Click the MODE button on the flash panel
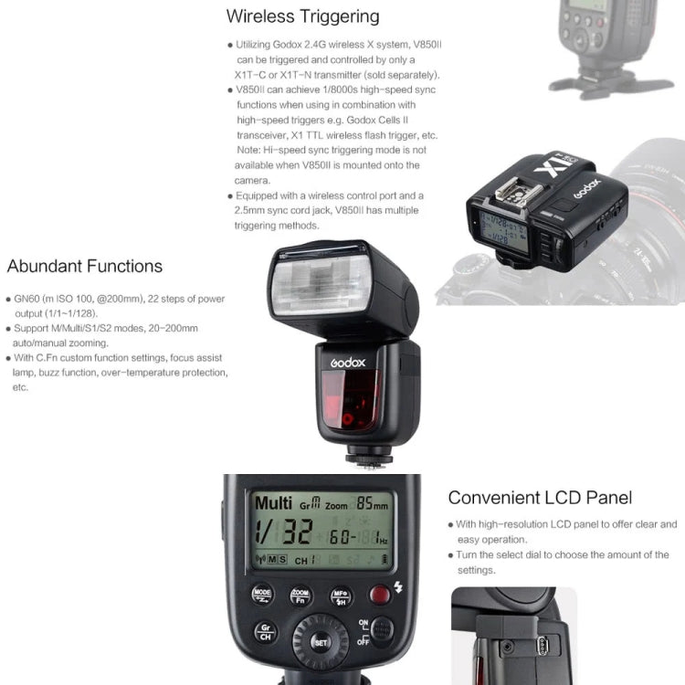point(262,594)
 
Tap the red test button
point(380,595)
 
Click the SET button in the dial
point(320,643)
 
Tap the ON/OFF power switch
point(382,631)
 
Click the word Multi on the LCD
point(273,502)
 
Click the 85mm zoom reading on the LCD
point(371,503)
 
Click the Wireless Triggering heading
point(302,16)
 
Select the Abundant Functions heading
point(85,267)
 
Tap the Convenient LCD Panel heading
point(540,498)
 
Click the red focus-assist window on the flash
point(351,406)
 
